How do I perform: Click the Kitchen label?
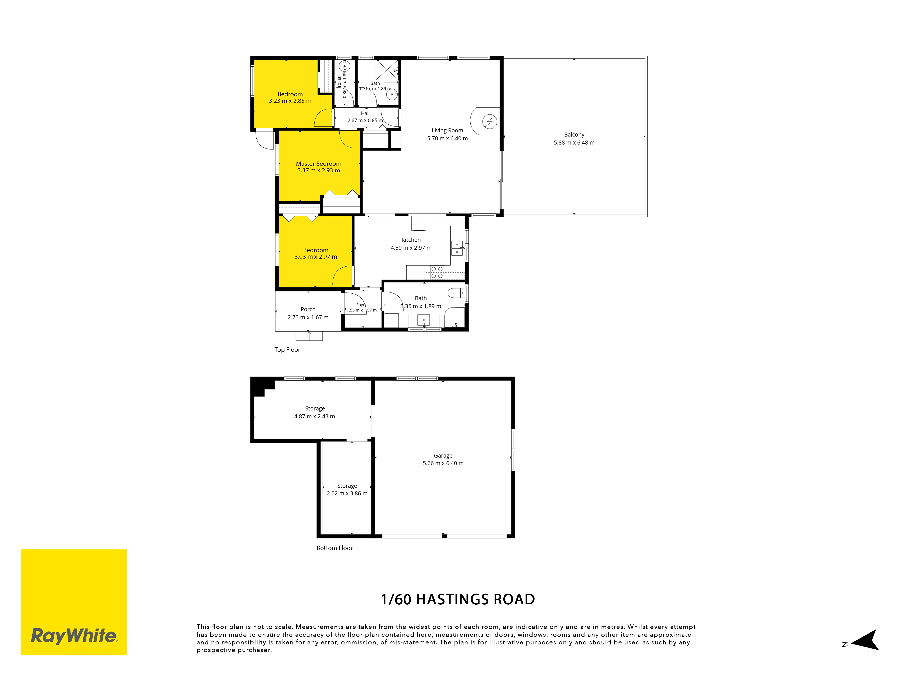pos(411,240)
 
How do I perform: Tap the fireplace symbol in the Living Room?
pos(490,121)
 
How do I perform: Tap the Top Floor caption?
pos(287,350)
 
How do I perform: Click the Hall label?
pos(365,113)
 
